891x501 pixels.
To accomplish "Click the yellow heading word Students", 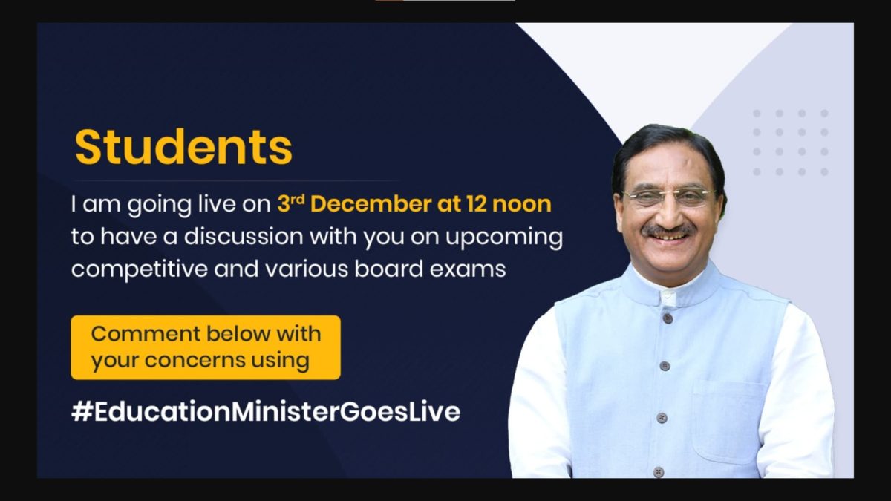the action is coord(183,147).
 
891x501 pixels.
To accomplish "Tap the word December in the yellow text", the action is coord(371,204).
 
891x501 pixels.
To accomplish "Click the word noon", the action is coord(522,204).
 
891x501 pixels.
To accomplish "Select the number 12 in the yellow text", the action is coord(476,204).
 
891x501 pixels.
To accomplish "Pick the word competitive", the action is coord(140,269).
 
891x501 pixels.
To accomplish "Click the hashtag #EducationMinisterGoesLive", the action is coord(266,411).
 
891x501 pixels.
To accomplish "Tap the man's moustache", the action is coord(669,230).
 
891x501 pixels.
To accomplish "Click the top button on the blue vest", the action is coord(668,318).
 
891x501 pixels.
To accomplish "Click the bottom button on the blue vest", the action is coord(659,471).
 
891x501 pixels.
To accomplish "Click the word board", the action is coord(388,269).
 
